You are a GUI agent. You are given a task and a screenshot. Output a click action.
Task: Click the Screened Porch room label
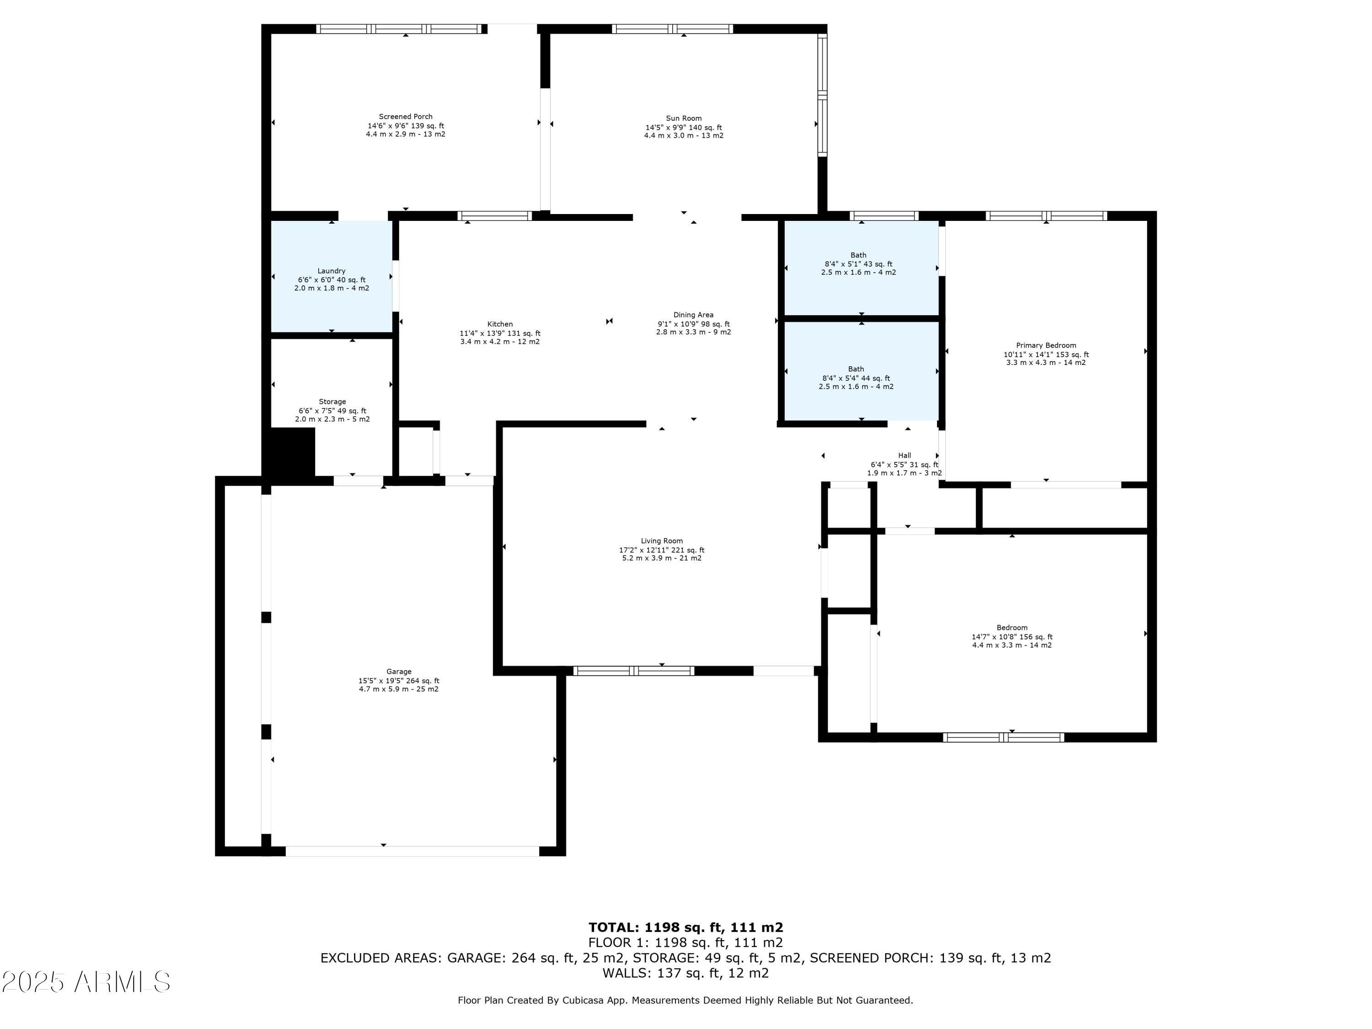[406, 117]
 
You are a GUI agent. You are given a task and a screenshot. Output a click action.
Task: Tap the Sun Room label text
[684, 118]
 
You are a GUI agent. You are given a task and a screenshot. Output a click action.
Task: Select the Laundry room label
[331, 271]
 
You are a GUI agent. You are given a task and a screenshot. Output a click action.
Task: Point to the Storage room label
[332, 402]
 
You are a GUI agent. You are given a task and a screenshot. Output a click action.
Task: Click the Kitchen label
[500, 324]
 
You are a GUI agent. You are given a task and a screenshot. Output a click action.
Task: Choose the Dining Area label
[693, 315]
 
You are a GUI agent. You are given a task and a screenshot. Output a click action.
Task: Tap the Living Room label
[662, 541]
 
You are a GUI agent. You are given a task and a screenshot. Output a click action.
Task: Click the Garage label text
[399, 672]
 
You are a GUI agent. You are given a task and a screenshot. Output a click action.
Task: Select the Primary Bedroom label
[1046, 345]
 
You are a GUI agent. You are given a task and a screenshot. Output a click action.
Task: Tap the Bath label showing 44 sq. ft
[856, 369]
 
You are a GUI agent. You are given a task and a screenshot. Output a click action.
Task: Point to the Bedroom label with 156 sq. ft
[1012, 628]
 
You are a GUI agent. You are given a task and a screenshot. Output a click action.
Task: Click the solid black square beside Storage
[289, 452]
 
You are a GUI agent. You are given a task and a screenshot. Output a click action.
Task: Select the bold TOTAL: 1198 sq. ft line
[686, 927]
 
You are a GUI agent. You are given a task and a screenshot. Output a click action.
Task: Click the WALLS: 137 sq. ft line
[686, 973]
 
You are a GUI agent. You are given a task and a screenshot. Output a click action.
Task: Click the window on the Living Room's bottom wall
[633, 670]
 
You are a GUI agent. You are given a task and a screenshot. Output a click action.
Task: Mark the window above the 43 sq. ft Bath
[884, 216]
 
